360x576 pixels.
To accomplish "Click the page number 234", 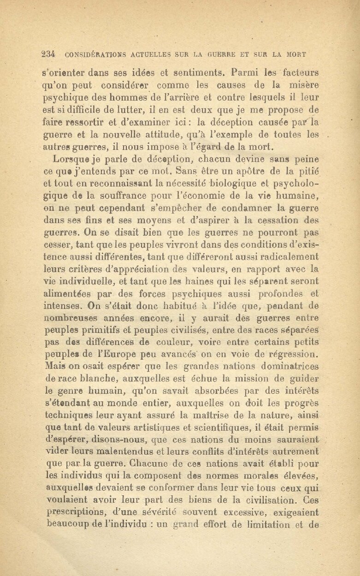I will [48, 53].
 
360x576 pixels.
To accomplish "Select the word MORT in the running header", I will [295, 54].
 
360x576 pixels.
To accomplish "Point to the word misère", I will [302, 86].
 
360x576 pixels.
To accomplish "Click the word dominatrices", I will [288, 367].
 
